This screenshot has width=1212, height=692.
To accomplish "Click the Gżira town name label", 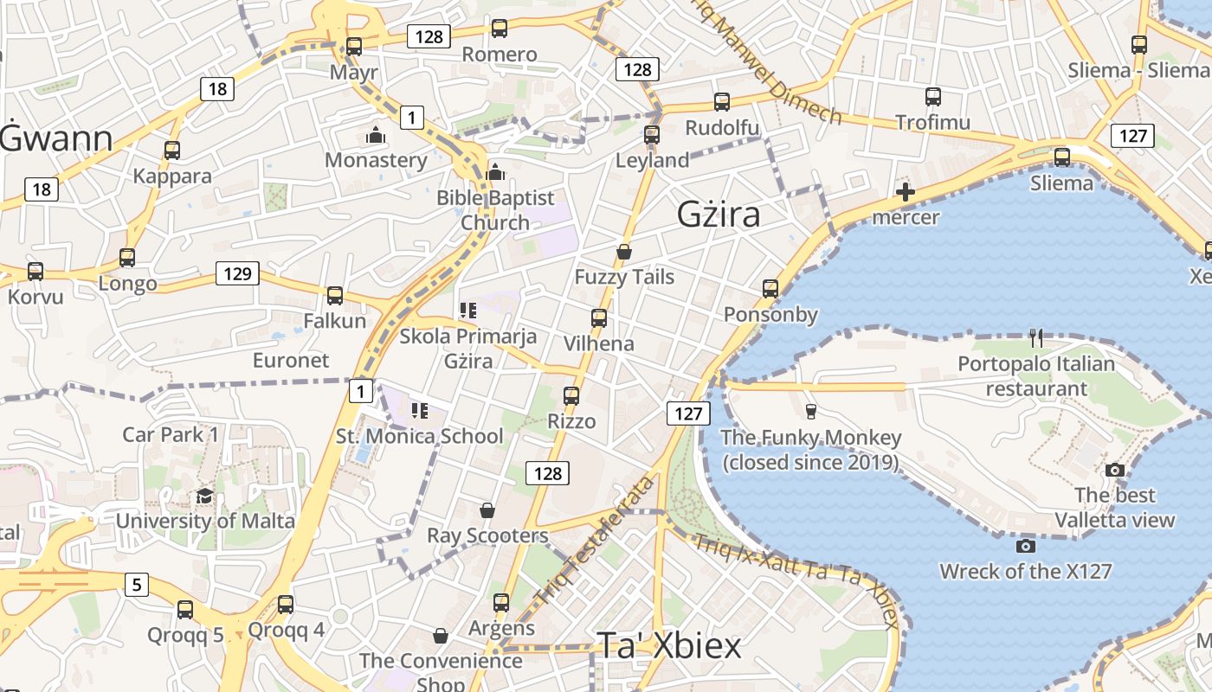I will coord(719,214).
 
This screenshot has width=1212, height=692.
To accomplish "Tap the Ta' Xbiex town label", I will coord(669,646).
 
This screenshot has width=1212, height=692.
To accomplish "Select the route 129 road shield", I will coord(237,274).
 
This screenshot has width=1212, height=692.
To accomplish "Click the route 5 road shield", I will coord(136,585).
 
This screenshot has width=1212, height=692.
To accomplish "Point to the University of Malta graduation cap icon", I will coord(204,496).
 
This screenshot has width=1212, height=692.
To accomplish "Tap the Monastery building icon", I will coord(376,136).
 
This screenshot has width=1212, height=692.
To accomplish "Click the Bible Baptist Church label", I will coord(495,210).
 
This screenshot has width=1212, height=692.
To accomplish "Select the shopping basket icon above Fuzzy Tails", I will coord(623,252).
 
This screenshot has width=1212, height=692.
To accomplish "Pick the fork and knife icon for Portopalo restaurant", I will coord(1035,337).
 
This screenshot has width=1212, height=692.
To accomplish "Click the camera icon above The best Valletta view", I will coord(1115,470).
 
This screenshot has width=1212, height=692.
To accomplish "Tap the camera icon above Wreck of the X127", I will coord(1025,546).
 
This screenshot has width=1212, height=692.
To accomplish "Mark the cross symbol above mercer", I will coord(906,192).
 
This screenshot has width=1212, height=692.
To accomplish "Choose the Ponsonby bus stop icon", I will coord(770,289).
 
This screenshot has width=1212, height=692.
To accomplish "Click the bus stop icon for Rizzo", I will coord(571,396).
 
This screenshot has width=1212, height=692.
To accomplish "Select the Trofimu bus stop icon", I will coord(932,97).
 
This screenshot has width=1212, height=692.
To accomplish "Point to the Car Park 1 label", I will coord(171,434).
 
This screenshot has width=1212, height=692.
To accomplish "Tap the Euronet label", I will coord(291,360).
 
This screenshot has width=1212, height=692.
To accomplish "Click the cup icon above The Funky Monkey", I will coord(810,411).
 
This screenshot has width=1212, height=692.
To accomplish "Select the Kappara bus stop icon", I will coord(172,151).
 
